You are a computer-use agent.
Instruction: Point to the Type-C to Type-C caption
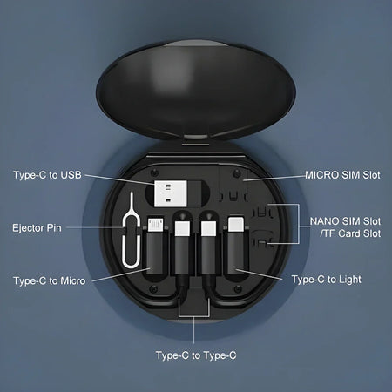click(x=196, y=355)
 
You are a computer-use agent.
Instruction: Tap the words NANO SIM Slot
click(x=345, y=220)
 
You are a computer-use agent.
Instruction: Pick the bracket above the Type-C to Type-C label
click(x=196, y=314)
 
